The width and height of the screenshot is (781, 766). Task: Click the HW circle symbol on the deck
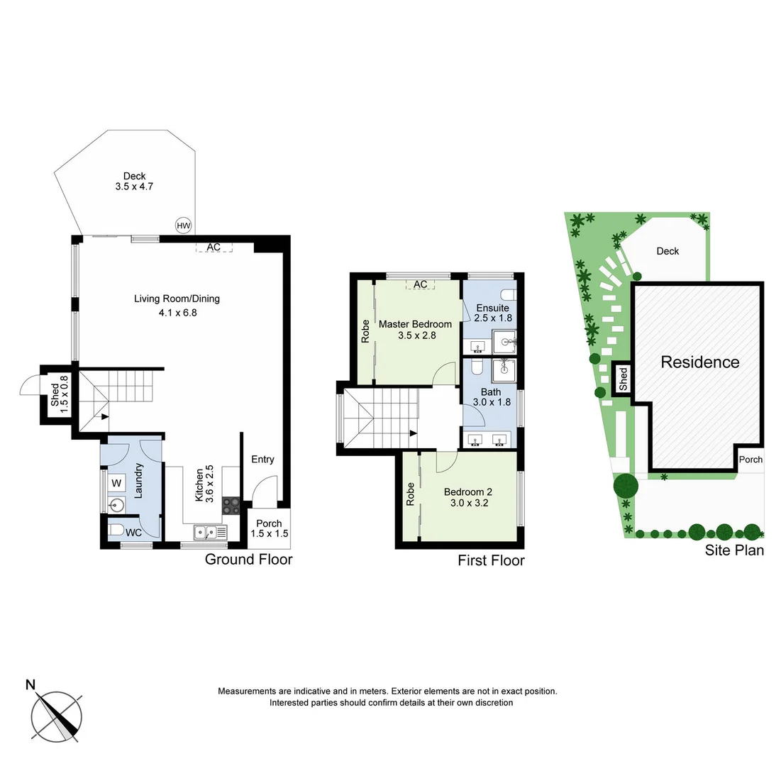tap(184, 226)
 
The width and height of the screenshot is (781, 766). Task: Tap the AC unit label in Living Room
tap(214, 247)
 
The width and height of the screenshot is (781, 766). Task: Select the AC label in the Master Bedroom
tap(420, 284)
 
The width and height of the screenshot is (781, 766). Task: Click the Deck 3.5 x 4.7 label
tap(134, 182)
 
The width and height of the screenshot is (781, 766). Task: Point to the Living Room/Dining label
tap(177, 305)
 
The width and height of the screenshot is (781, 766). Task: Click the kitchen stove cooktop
tap(231, 506)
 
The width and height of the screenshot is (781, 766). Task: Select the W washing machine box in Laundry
tap(118, 484)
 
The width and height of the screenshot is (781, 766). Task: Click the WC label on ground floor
tap(133, 533)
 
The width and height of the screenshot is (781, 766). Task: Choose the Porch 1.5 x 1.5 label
tap(269, 528)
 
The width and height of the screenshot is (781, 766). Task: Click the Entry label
tap(262, 460)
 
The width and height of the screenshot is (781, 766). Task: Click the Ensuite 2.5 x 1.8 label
tap(493, 313)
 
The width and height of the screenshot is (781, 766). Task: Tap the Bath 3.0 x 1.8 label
tap(491, 396)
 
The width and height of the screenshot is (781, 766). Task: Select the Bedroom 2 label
tap(467, 496)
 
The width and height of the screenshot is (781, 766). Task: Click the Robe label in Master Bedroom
tap(365, 331)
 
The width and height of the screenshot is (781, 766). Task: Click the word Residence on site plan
tap(699, 362)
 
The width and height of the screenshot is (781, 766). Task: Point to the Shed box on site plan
tap(623, 379)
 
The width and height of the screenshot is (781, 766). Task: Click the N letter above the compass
tap(31, 684)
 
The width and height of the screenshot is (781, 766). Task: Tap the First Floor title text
tap(491, 561)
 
